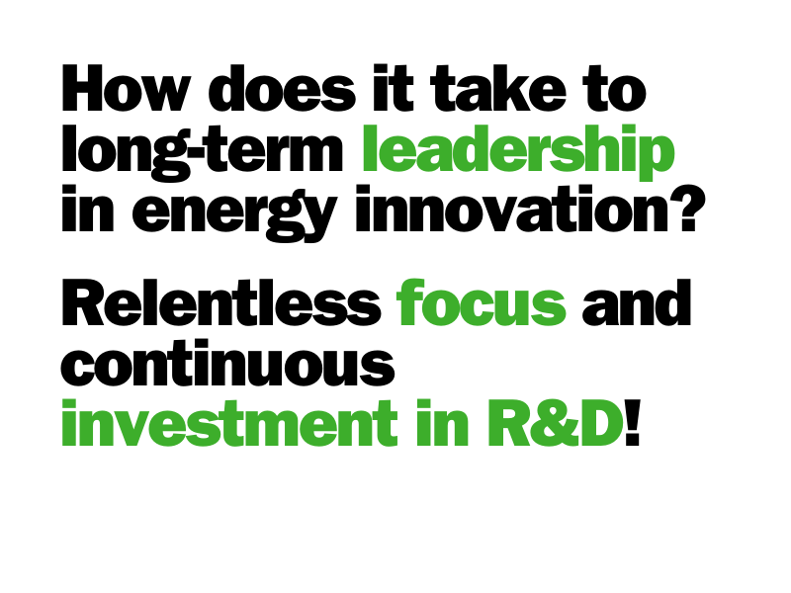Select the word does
[282, 88]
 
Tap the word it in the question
[394, 88]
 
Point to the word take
[498, 88]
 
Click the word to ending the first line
[614, 88]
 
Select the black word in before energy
[88, 209]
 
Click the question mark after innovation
[686, 209]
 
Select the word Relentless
[221, 302]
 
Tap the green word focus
[482, 302]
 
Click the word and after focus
[637, 302]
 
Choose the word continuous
[228, 363]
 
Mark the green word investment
[229, 423]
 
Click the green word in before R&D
[442, 423]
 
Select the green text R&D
[556, 423]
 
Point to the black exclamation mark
[633, 423]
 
